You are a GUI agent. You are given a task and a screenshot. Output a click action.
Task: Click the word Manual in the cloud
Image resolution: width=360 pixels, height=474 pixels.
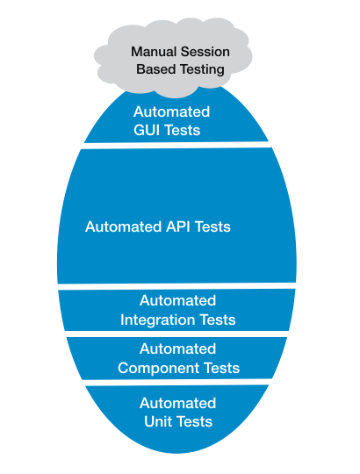[153, 52]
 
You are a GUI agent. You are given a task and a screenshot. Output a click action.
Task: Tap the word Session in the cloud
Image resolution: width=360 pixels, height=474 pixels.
[204, 52]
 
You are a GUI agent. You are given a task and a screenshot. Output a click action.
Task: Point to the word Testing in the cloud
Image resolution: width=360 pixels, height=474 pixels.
[202, 70]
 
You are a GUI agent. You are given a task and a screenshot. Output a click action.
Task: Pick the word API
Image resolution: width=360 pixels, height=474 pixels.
[177, 226]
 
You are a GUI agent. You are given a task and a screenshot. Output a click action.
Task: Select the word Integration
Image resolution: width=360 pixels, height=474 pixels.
[157, 320]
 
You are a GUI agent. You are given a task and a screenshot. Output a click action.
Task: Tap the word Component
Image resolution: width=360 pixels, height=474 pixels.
[158, 368]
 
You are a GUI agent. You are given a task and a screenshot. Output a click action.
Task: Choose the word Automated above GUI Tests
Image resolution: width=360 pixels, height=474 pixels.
[172, 111]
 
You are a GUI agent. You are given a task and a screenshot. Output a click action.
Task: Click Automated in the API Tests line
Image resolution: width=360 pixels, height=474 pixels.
[123, 226]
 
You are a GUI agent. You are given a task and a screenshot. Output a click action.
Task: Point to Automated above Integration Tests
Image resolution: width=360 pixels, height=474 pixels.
[177, 300]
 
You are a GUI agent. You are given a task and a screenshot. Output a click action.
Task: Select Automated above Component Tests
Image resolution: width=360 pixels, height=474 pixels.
[177, 348]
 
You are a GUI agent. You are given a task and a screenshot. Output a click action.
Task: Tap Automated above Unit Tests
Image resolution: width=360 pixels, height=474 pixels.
[177, 403]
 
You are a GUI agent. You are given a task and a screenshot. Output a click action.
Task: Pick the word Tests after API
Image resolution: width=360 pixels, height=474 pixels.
[212, 226]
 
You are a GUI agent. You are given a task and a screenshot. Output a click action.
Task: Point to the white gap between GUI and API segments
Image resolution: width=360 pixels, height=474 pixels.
[177, 145]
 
